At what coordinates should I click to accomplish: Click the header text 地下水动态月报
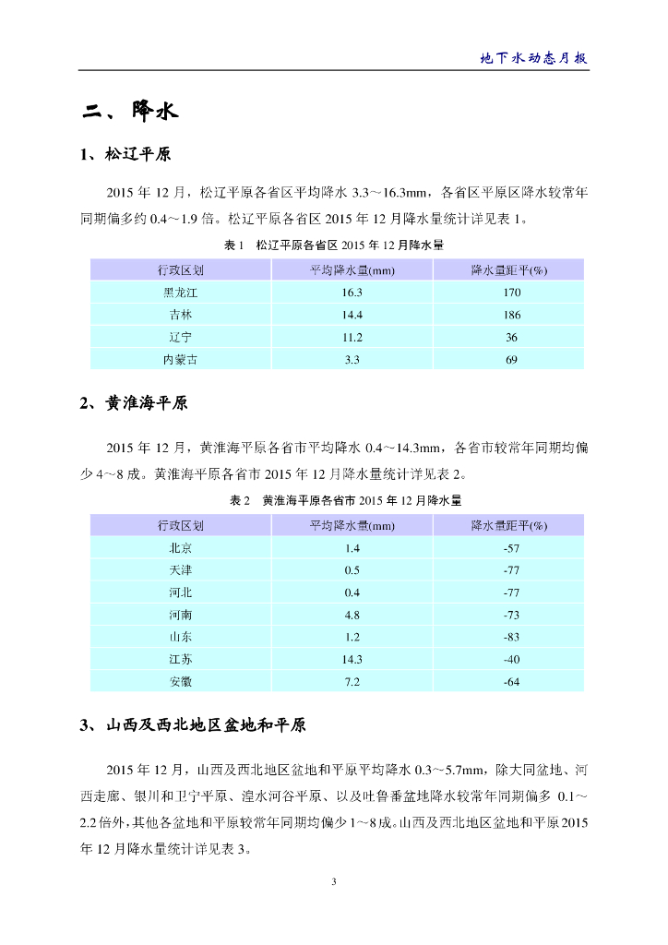tap(534, 57)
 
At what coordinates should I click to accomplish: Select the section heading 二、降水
tap(129, 113)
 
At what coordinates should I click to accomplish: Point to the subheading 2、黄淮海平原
tap(137, 402)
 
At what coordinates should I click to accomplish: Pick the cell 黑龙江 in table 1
tap(180, 293)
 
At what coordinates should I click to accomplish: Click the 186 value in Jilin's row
tap(511, 315)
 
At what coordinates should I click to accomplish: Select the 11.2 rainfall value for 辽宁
tap(352, 337)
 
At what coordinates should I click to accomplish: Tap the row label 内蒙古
tap(180, 359)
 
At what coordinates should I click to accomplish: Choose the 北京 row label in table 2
tap(180, 548)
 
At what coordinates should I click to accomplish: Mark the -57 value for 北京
tap(511, 548)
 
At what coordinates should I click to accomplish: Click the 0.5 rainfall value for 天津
tap(352, 570)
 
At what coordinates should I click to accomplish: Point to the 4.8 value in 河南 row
tap(352, 615)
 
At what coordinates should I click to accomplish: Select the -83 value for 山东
tap(511, 637)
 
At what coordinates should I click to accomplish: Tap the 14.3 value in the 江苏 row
tap(352, 659)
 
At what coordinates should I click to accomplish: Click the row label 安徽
tap(180, 681)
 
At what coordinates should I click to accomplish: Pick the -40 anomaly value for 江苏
tap(511, 659)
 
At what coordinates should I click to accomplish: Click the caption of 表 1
tap(335, 245)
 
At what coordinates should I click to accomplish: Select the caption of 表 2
tap(335, 500)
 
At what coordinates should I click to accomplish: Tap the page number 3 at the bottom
tap(334, 882)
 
